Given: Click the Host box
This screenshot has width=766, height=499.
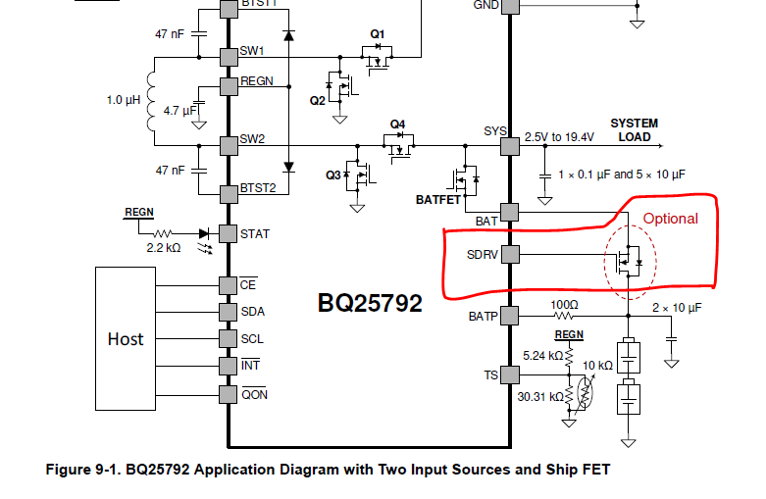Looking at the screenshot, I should coord(126,338).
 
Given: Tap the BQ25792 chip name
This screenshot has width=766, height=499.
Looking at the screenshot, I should coord(370,302).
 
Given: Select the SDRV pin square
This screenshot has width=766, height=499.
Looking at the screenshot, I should coord(509,254).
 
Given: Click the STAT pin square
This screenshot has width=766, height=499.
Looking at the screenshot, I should coord(228,233).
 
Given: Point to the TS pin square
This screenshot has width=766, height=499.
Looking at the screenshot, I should coord(509,374).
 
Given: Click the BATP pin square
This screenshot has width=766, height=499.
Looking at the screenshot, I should coord(509,316).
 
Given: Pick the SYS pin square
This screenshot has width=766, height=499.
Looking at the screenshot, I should coord(509,146).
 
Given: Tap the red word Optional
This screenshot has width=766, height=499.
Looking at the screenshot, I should coord(670,219).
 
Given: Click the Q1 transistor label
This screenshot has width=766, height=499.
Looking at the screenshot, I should coord(378,34).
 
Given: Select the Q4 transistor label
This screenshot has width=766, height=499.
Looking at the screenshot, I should coord(397,125).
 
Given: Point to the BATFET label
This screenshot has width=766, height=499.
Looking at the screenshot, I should coord(437,199).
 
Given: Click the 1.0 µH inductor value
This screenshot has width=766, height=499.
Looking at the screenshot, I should coord(125,100).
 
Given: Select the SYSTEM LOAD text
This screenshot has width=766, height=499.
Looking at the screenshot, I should coord(634,130).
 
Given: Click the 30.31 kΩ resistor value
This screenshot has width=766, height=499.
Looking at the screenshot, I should coord(538,397).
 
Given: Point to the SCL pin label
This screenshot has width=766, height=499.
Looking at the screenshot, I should coord(252,338).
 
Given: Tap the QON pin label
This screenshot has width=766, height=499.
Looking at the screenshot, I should coord(254,395).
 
